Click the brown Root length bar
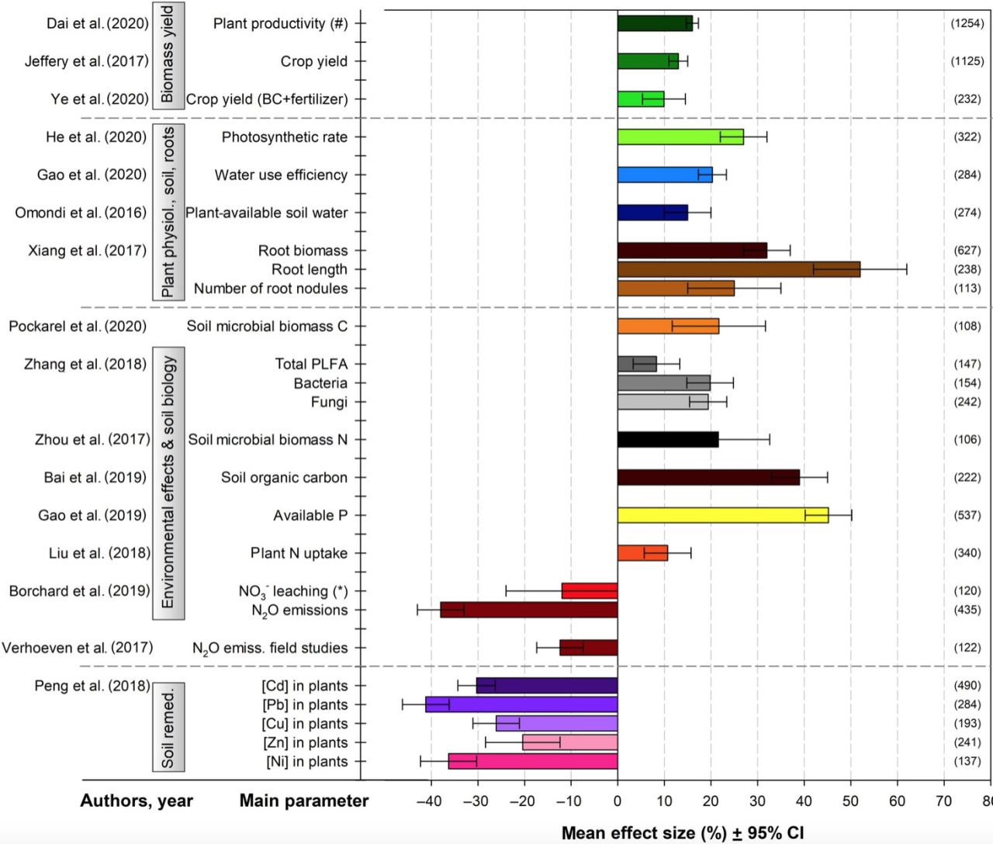738,269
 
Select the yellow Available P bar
722,515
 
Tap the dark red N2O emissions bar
528,610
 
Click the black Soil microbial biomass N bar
667,440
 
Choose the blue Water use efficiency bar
664,175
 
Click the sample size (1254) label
967,23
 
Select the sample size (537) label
967,515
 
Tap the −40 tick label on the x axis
429,801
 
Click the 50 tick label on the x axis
851,801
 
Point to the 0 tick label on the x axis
618,801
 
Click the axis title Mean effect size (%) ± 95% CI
682,833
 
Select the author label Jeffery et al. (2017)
86,61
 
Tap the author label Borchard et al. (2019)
79,591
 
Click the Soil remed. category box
168,727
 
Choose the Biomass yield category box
168,54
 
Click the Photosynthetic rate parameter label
284,137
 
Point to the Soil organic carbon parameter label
284,478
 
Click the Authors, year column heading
137,801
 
